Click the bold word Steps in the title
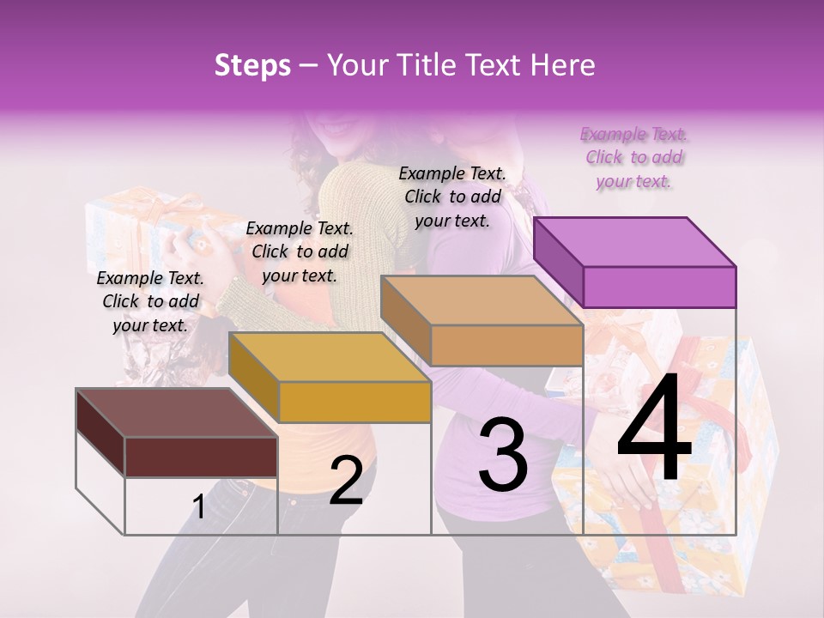252,65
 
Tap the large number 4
654,432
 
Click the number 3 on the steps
503,455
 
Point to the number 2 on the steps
346,481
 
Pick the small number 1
198,507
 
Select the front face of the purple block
659,287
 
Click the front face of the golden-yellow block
354,402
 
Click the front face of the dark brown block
201,457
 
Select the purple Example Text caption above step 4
633,158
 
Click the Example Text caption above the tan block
452,197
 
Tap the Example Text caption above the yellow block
300,251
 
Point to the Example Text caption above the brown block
150,301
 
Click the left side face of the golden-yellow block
254,378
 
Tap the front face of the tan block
506,345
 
